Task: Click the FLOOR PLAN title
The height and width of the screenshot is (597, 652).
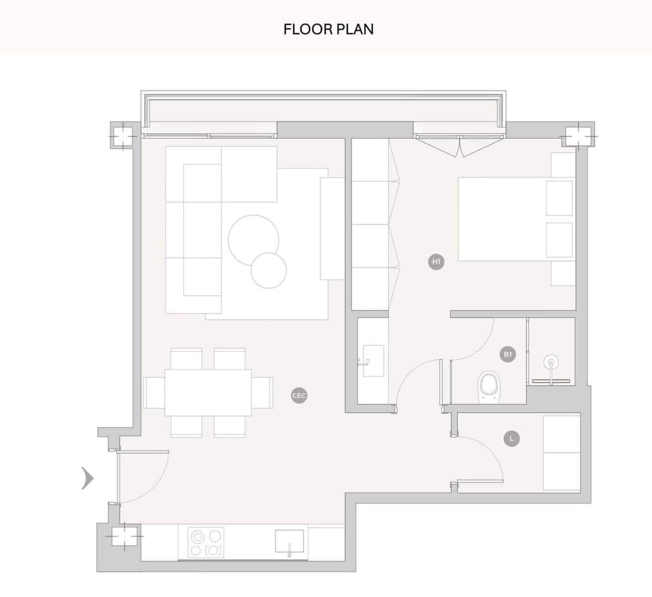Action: [328, 29]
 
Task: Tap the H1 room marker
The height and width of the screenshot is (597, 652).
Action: [436, 261]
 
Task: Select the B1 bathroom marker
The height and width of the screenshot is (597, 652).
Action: [507, 354]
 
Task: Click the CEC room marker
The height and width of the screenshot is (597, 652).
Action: [299, 396]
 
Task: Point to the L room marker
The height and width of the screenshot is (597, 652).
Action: [511, 438]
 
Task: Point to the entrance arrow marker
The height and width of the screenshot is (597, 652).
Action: [88, 479]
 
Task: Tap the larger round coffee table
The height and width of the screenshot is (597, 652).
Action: [253, 239]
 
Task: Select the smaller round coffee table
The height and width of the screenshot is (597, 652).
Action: [269, 271]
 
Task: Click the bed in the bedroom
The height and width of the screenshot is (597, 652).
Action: [503, 219]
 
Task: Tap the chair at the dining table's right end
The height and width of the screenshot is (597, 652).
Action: [262, 393]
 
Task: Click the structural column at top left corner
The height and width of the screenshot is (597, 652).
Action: [121, 135]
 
